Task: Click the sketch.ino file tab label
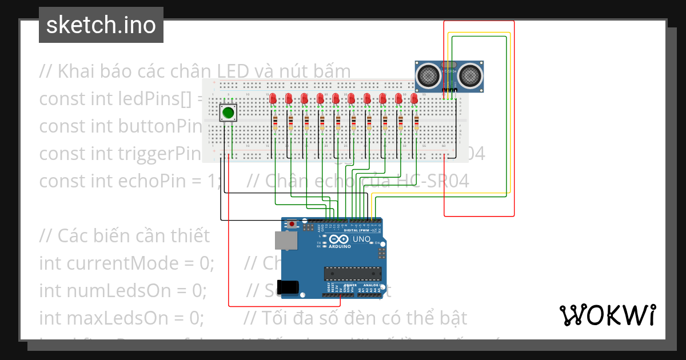[x=101, y=25]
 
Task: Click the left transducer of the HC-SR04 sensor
[x=427, y=74]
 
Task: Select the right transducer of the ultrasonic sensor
[x=470, y=74]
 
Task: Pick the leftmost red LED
[x=273, y=99]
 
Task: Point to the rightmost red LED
[x=414, y=99]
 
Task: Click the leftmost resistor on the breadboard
[x=276, y=123]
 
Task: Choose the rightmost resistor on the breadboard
[x=417, y=123]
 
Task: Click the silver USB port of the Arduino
[x=286, y=241]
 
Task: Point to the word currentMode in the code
[x=141, y=263]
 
